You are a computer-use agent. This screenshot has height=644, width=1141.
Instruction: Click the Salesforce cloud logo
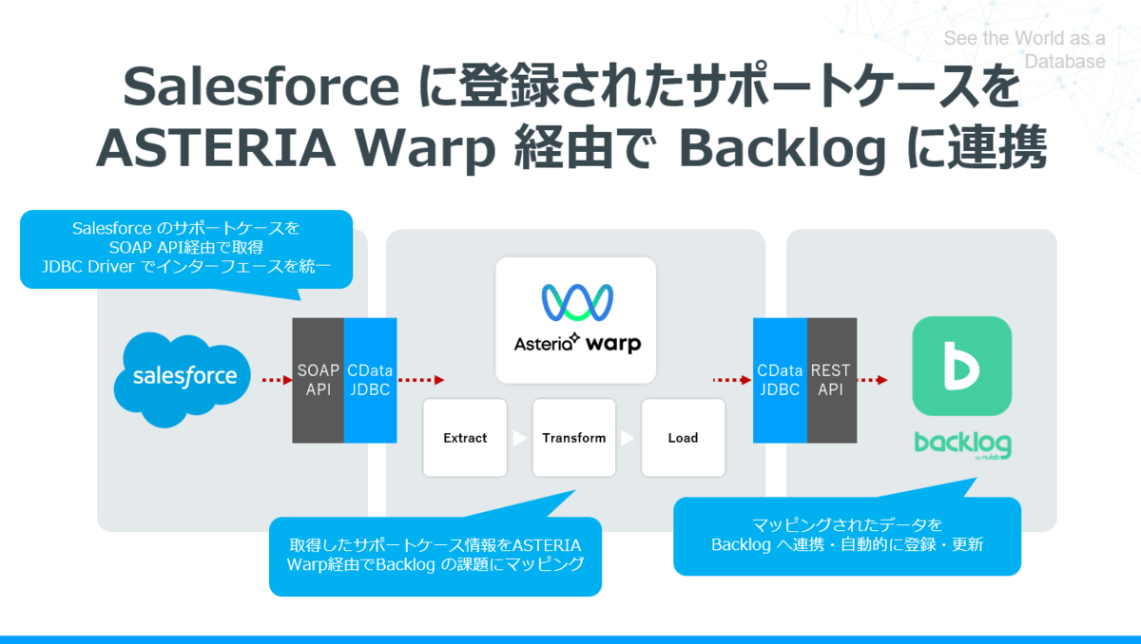tap(184, 378)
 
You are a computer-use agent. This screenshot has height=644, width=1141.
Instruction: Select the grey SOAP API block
tap(318, 380)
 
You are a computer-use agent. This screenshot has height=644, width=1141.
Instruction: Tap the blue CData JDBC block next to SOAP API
tap(370, 380)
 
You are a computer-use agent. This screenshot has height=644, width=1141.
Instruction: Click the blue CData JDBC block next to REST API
tap(780, 380)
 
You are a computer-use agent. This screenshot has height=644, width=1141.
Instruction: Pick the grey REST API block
tap(832, 380)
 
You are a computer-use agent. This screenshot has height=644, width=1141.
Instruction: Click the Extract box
tap(465, 438)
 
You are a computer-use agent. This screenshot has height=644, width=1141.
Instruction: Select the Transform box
tap(573, 438)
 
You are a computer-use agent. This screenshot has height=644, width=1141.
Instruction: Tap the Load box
tap(683, 438)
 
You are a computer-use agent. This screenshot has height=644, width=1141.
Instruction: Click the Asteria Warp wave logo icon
tap(576, 303)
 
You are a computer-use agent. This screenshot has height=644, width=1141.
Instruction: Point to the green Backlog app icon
tap(961, 366)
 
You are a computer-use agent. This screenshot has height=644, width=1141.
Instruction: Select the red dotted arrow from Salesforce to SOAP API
tap(275, 380)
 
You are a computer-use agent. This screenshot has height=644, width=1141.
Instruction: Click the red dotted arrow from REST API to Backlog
tap(872, 380)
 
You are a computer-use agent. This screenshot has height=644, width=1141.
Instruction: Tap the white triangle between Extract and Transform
tap(519, 439)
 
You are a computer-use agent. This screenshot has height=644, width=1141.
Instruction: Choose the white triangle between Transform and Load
tap(628, 439)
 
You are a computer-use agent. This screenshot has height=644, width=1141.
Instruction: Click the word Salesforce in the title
tap(261, 87)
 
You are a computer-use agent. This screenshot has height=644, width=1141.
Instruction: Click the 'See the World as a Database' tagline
tap(1024, 50)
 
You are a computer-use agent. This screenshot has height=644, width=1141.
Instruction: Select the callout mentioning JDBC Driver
tap(186, 248)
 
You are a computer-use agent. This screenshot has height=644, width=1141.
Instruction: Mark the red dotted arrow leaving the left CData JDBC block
tap(420, 380)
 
